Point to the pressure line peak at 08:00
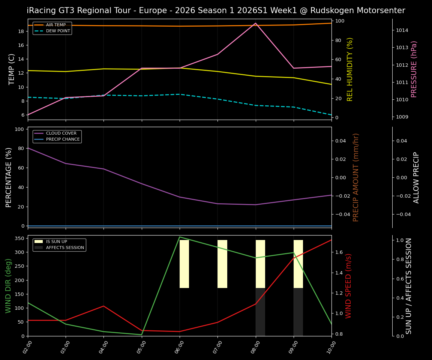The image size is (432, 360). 255,23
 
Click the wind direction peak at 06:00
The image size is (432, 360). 180,237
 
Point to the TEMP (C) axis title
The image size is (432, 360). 12,69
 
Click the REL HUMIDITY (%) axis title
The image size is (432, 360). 350,69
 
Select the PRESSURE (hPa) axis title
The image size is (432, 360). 414,69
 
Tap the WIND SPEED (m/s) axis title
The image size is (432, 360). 349,286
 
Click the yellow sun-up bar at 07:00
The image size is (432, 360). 222,264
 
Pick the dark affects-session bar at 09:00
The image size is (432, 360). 298,312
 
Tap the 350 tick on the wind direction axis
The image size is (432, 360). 21,238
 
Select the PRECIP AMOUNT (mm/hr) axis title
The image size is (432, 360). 356,177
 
